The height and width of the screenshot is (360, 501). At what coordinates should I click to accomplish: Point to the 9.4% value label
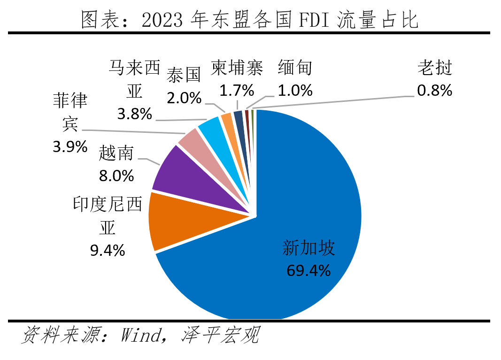[x=108, y=250]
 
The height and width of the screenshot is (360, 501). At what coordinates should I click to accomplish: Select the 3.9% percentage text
[x=70, y=146]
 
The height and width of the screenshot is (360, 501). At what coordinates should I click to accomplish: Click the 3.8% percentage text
[x=135, y=113]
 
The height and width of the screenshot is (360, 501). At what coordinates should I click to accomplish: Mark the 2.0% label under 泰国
[x=184, y=98]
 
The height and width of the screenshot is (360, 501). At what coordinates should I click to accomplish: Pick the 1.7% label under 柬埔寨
[x=237, y=90]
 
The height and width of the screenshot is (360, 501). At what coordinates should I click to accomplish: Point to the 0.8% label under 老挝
[x=434, y=90]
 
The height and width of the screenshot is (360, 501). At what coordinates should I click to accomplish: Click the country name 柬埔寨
[x=237, y=68]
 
